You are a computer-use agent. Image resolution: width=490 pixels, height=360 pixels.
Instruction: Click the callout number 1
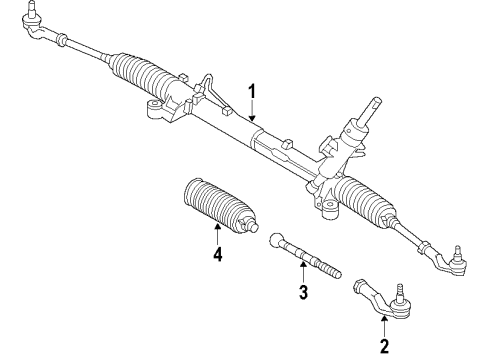[254, 94]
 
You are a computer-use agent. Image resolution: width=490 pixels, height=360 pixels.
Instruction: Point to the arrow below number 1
[254, 115]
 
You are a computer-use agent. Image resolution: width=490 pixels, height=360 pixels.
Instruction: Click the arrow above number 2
[383, 326]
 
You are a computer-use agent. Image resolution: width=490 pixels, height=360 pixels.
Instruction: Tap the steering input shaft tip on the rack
[377, 101]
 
